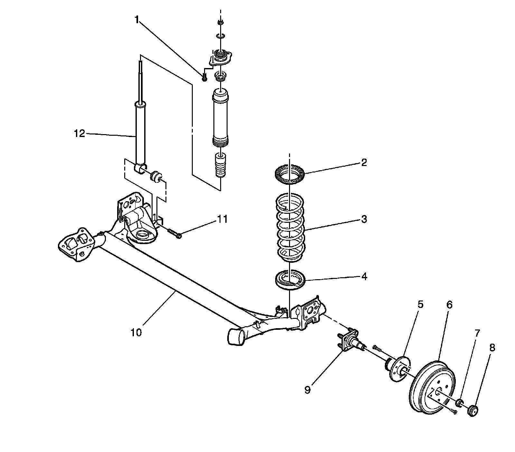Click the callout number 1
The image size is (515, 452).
(x=137, y=20)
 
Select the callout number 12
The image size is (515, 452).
(x=79, y=133)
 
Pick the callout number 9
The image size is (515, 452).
(x=308, y=390)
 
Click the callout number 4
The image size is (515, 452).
(x=364, y=277)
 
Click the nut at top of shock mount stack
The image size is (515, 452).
(x=220, y=22)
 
